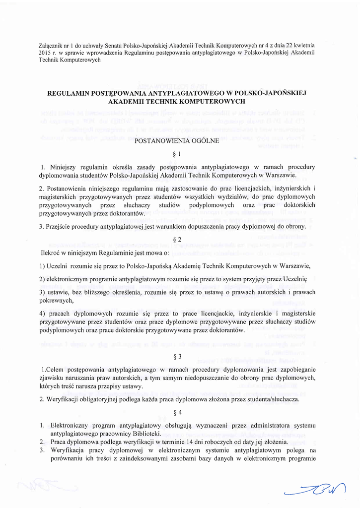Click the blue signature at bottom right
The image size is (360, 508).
318,488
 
